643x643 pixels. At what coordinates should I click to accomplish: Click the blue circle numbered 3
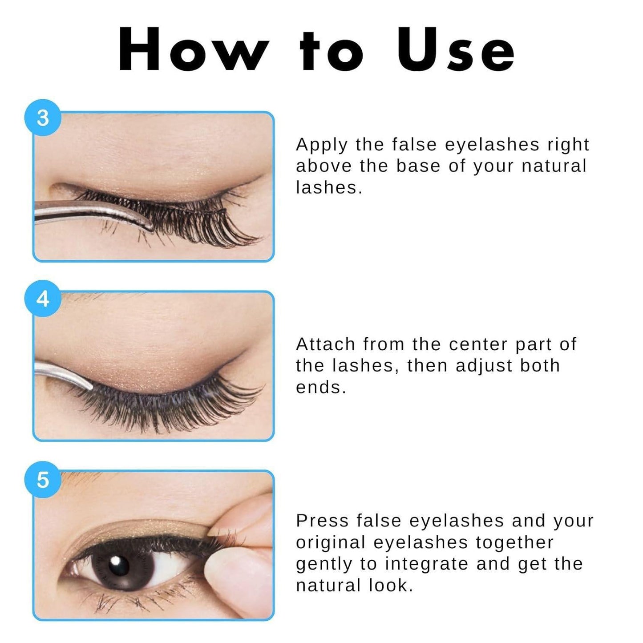[43, 117]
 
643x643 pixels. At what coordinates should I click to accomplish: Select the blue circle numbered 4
[43, 299]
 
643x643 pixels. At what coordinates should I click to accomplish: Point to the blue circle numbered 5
[43, 479]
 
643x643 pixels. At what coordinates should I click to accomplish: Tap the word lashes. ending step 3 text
[329, 187]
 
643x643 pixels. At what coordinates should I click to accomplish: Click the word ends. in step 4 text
[321, 387]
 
